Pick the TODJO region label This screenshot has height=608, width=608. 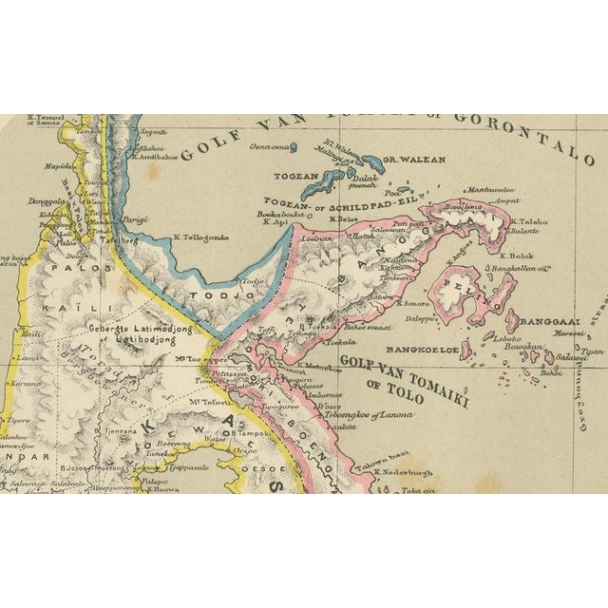[x=236, y=297]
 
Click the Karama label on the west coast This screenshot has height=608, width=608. [x=26, y=384]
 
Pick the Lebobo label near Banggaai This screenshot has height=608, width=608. [x=508, y=339]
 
